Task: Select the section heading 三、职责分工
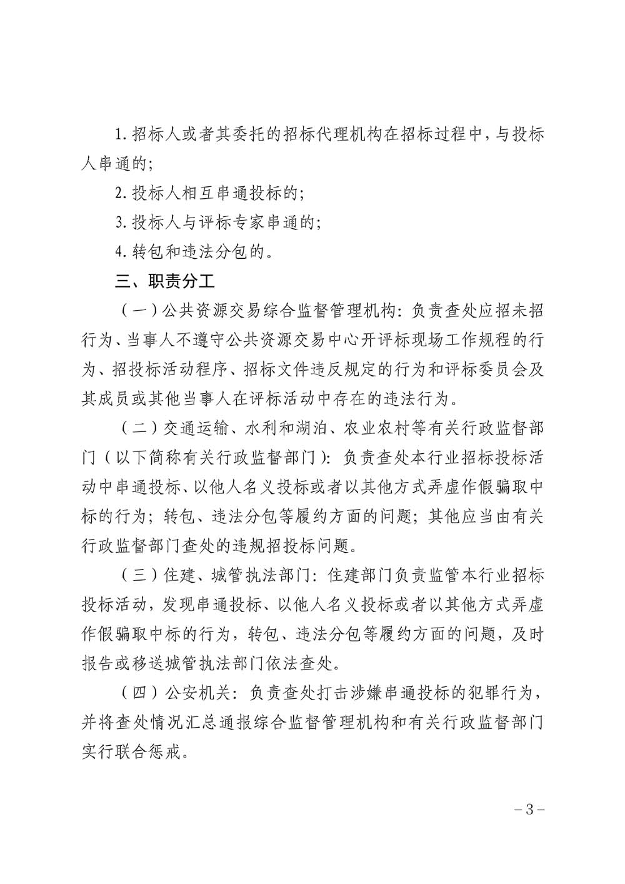(x=166, y=281)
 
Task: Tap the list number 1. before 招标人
(x=121, y=135)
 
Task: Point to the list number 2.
(x=121, y=193)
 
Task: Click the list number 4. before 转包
(x=121, y=252)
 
